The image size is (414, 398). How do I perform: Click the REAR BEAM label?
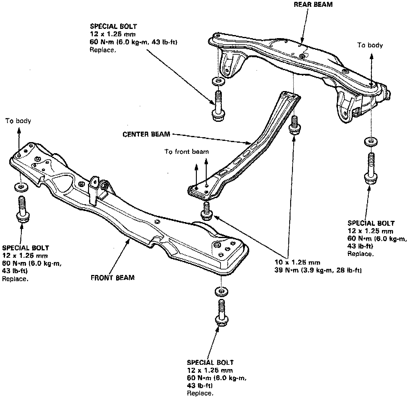click(313, 5)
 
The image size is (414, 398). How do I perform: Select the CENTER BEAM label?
click(146, 134)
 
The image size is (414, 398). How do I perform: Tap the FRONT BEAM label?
click(112, 278)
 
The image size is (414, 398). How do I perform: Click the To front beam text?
click(186, 152)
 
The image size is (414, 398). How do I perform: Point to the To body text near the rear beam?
click(370, 45)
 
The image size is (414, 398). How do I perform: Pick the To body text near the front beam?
click(18, 121)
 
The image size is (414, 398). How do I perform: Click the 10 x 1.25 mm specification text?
click(297, 262)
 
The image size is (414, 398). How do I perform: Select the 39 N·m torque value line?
click(318, 270)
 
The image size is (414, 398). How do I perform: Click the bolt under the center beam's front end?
click(206, 211)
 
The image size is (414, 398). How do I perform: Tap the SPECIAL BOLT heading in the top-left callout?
click(113, 26)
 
